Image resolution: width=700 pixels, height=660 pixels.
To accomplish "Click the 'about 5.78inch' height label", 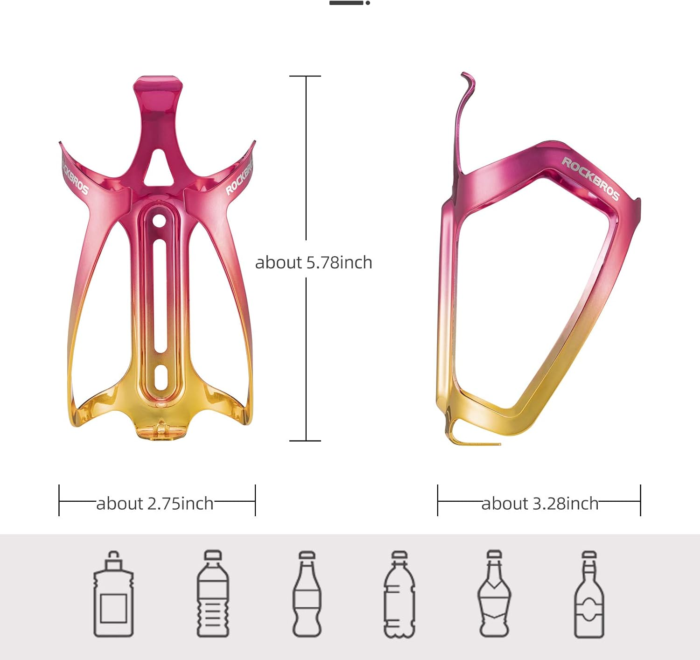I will [313, 262].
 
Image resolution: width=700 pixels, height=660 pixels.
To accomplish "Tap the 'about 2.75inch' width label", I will [154, 504].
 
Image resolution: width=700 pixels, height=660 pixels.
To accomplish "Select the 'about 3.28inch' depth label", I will [539, 504].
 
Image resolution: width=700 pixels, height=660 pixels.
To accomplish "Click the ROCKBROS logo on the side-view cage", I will [590, 179].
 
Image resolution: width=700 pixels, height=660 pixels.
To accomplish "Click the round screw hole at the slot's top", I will [159, 220].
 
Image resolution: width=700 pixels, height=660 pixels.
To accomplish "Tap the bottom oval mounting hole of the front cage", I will [161, 377].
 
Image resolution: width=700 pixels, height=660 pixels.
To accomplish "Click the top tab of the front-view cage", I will [158, 86].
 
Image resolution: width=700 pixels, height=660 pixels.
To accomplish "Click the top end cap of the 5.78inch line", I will [306, 76].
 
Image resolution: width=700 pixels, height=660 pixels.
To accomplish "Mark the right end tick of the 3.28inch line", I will [640, 500].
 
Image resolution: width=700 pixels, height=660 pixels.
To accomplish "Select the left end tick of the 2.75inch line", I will [59, 500].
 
